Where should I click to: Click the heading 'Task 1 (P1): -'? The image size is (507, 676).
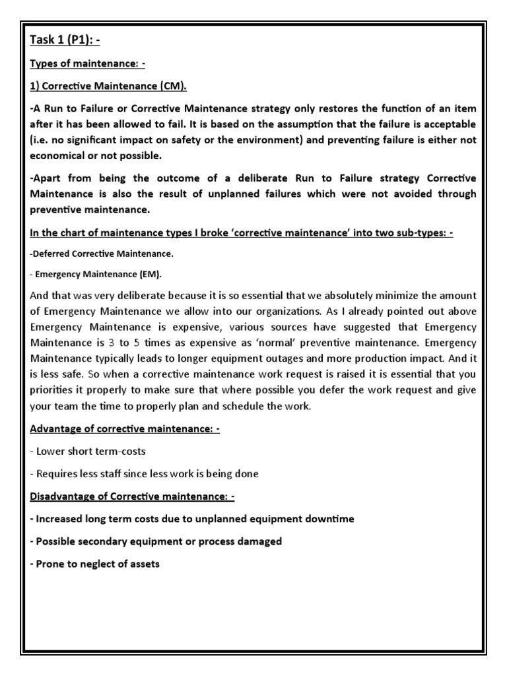click(65, 40)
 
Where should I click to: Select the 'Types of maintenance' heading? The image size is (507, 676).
click(92, 65)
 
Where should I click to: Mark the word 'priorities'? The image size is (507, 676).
click(53, 390)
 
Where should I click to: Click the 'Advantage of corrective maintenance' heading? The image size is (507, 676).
click(125, 429)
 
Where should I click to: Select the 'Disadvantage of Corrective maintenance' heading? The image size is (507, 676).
click(132, 497)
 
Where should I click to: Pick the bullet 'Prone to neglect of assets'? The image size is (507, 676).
click(95, 564)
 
